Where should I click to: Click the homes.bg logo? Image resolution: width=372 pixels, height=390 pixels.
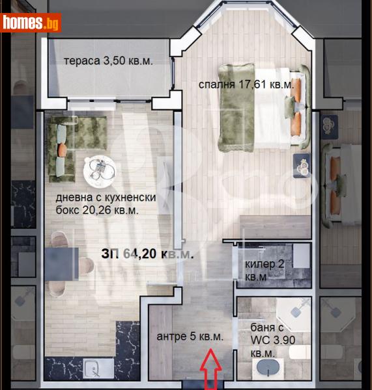tap(31, 23)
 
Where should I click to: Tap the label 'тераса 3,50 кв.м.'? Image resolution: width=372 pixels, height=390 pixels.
tap(107, 62)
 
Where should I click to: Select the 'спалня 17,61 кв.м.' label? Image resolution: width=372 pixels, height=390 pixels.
tap(246, 84)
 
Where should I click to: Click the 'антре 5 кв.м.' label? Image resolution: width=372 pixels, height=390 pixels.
tap(190, 337)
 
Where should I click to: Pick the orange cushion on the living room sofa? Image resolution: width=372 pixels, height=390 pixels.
tap(62, 149)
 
